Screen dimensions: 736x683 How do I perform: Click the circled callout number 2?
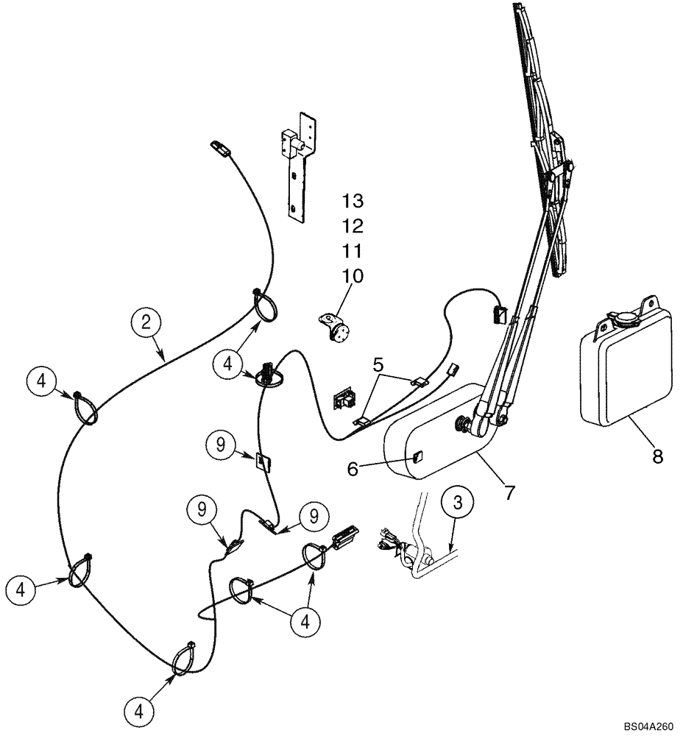point(146,322)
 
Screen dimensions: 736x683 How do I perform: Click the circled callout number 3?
point(459,504)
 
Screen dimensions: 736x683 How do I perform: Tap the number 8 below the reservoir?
point(657,456)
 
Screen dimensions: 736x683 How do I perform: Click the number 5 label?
point(378,363)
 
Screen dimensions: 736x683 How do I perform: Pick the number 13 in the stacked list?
point(353,201)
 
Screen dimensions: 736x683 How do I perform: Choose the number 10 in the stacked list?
point(353,277)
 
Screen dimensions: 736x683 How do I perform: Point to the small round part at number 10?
point(338,328)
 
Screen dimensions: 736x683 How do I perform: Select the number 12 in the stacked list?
point(353,226)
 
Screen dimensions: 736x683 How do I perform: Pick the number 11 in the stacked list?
point(353,251)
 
